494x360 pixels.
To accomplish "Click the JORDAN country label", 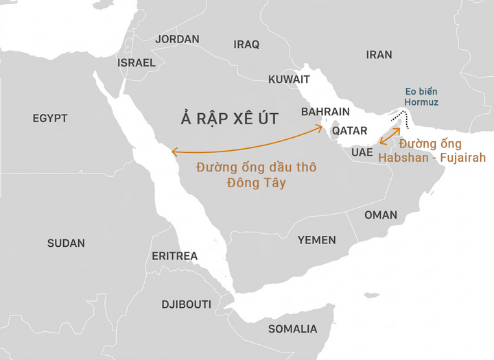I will pyautogui.click(x=177, y=39).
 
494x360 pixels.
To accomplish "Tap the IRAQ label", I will pyautogui.click(x=246, y=45).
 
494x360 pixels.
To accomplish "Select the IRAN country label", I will pyautogui.click(x=379, y=55).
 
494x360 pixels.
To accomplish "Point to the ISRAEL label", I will pyautogui.click(x=137, y=62).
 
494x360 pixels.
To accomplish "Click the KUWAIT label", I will pyautogui.click(x=289, y=80).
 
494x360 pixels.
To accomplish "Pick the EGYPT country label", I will pyautogui.click(x=50, y=119).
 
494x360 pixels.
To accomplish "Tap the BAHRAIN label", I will pyautogui.click(x=325, y=112).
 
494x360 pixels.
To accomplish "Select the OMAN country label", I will pyautogui.click(x=380, y=215).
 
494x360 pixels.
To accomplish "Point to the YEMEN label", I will pyautogui.click(x=316, y=240).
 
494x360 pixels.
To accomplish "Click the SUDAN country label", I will pyautogui.click(x=66, y=243).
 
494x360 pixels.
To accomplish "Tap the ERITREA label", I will pyautogui.click(x=174, y=256).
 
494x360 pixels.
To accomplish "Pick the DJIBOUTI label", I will pyautogui.click(x=186, y=304).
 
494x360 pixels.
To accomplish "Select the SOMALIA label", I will pyautogui.click(x=292, y=329).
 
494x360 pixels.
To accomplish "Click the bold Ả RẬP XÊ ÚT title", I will pyautogui.click(x=230, y=119).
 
